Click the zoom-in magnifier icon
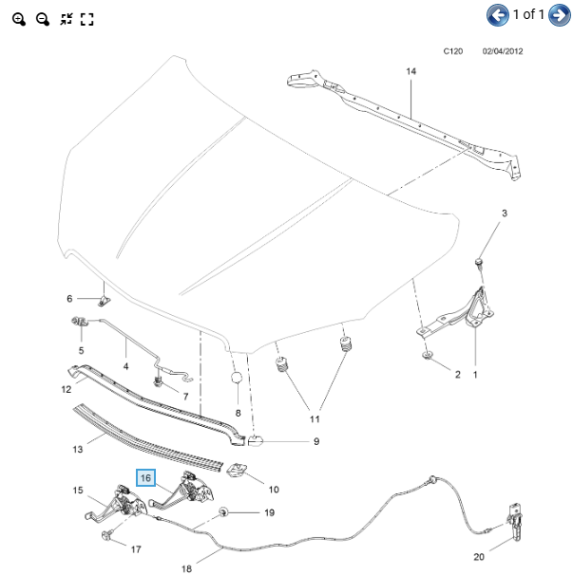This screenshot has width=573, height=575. (x=18, y=19)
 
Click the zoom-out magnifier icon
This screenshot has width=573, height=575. (x=43, y=19)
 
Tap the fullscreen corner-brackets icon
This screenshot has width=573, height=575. (x=87, y=19)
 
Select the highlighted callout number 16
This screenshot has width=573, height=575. (x=145, y=478)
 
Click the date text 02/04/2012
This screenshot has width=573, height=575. (x=503, y=51)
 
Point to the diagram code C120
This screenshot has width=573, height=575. (x=453, y=51)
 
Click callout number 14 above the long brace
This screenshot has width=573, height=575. (x=411, y=71)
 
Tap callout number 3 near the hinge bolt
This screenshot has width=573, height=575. (x=505, y=213)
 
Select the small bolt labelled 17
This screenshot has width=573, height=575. (x=106, y=536)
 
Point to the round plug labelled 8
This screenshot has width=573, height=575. (x=237, y=378)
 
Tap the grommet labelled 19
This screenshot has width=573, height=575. (x=223, y=512)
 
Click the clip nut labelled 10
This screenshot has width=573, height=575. (x=237, y=470)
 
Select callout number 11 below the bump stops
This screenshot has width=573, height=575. (x=315, y=419)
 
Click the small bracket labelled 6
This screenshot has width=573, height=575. (x=104, y=302)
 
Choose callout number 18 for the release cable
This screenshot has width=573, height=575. (x=186, y=568)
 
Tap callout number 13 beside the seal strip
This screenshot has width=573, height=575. (x=78, y=449)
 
